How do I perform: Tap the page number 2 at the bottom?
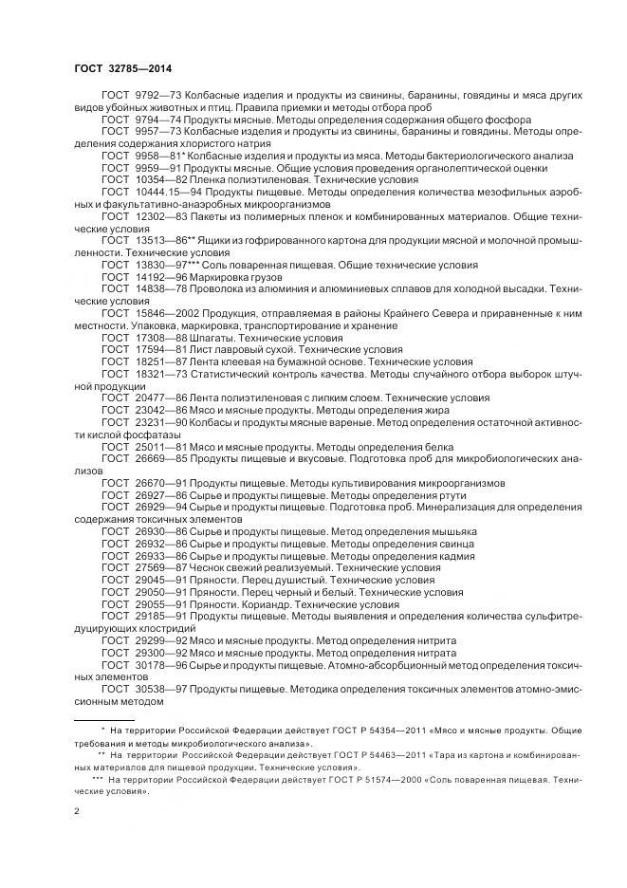click(77, 811)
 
